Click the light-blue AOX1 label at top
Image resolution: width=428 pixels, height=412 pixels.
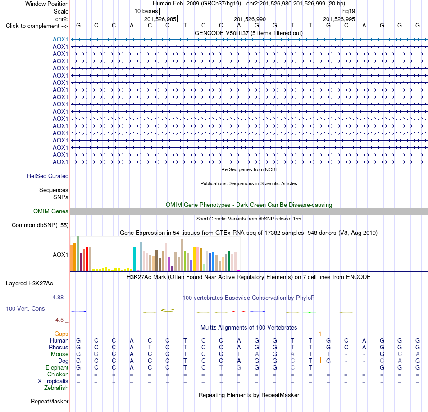[x=60, y=39]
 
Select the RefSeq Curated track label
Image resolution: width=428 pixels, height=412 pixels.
[x=48, y=176]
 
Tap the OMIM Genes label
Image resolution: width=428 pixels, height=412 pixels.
[x=51, y=211]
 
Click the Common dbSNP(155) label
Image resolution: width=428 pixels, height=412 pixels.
[x=40, y=225]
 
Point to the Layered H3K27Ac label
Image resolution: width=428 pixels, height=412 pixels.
[x=29, y=284]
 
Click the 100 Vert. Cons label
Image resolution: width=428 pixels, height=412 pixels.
[x=25, y=308]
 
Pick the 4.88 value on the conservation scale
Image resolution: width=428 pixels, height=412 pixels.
[x=58, y=298]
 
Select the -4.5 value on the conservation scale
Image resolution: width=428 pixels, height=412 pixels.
[x=59, y=320]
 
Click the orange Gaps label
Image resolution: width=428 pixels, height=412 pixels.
[x=61, y=334]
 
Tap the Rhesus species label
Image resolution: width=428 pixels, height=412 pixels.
[x=59, y=347]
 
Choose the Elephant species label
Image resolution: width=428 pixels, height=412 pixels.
[x=57, y=367]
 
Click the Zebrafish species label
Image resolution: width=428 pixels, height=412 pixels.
[x=56, y=388]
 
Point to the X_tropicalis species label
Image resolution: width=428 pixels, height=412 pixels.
[x=53, y=381]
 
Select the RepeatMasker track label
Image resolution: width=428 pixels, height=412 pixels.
[x=50, y=401]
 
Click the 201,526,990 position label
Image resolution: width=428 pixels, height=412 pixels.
[x=250, y=19]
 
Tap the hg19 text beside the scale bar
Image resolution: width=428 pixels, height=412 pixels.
[x=349, y=11]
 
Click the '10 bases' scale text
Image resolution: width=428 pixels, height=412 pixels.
[x=146, y=11]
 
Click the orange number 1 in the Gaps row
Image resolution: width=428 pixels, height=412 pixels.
[x=320, y=334]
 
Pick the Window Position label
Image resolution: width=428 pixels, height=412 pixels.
[x=47, y=4]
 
